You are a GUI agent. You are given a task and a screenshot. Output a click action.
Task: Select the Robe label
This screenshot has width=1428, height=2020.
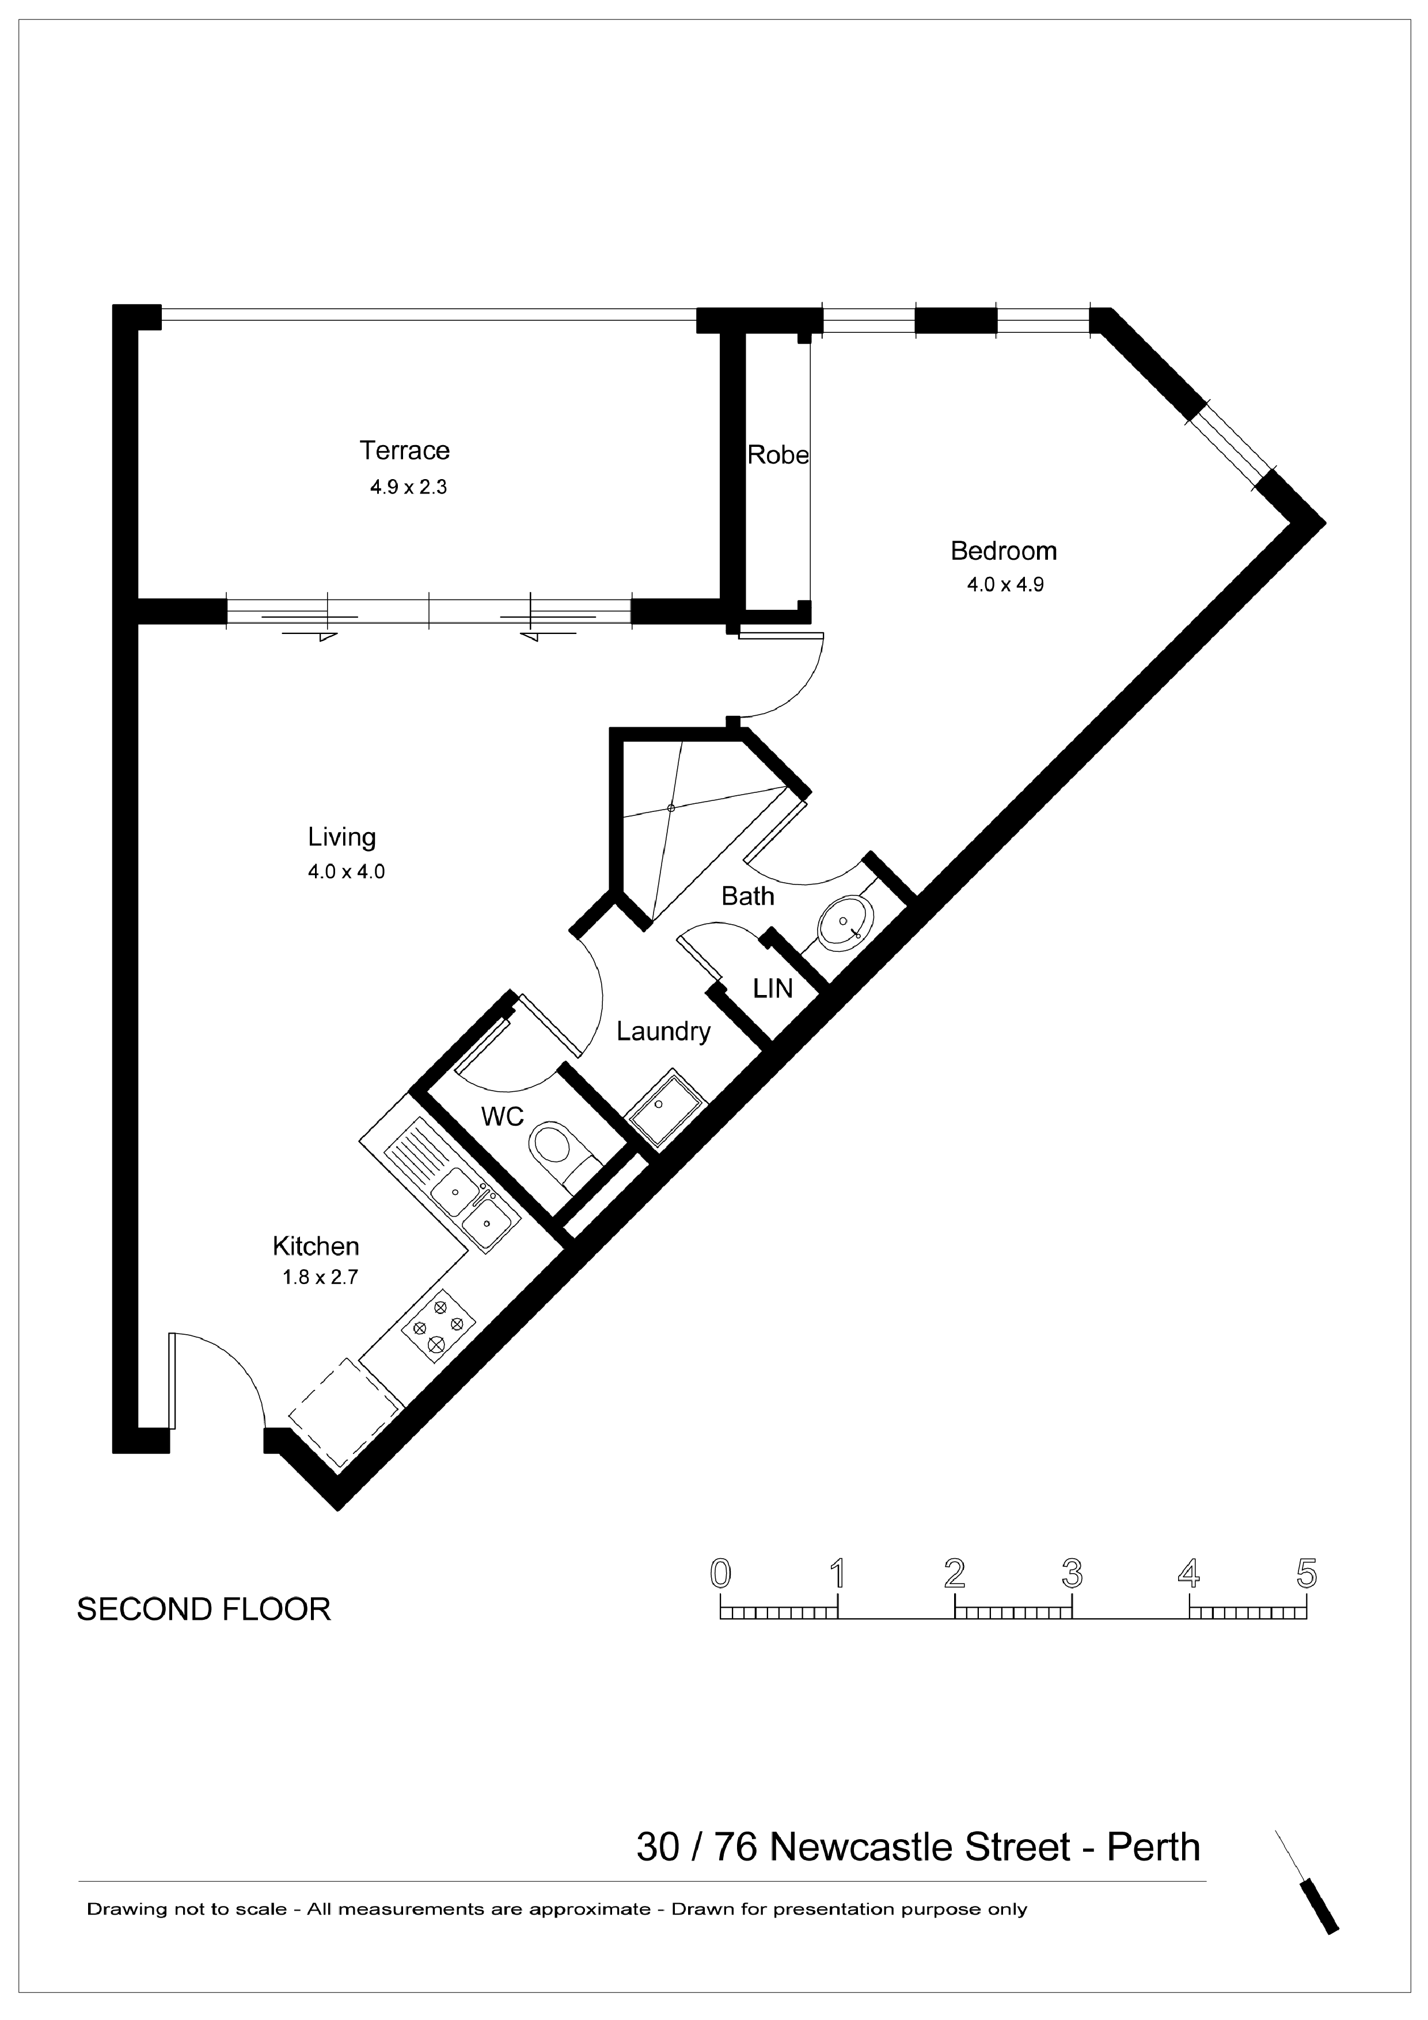point(778,455)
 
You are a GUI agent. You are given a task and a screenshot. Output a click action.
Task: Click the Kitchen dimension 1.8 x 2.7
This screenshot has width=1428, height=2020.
point(320,1277)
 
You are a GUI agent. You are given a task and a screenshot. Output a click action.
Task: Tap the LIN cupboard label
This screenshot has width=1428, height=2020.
point(773,989)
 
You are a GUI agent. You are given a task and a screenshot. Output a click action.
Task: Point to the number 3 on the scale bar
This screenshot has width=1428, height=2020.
point(1072,1573)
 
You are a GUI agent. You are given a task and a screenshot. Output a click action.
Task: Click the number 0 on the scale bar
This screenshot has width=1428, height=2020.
point(720,1573)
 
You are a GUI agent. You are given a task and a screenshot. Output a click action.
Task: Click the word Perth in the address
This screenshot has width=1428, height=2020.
point(1153,1848)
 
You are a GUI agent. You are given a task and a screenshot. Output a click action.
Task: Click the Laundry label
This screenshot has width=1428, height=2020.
point(663,1031)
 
